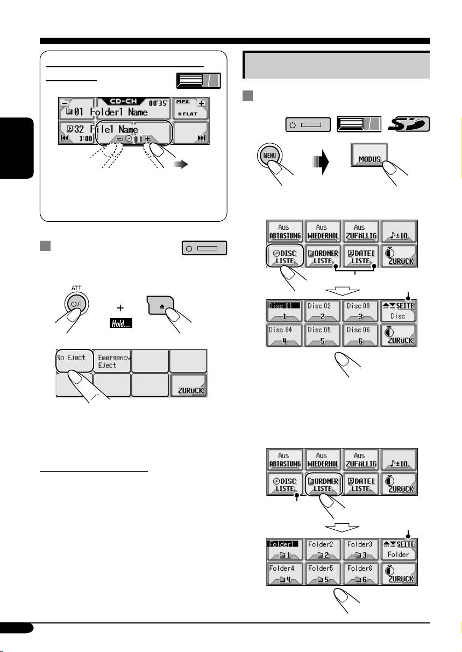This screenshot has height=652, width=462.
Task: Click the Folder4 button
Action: point(285,573)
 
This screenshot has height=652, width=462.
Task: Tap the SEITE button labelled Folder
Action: point(399,549)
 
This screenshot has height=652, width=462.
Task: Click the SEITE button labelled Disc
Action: point(399,311)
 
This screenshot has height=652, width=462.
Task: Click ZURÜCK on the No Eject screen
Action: point(188,387)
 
